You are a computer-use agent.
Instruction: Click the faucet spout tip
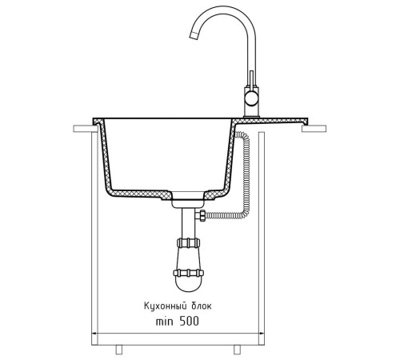point(194,35)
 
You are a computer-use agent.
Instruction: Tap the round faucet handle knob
point(251,99)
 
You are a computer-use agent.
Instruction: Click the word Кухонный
point(166,306)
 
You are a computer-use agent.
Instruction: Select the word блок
point(202,306)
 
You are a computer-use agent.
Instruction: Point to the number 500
point(189,322)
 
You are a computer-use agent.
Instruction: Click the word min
point(164,322)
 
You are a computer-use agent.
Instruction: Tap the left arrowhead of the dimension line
point(94,334)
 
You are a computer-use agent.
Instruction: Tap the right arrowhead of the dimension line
point(262,334)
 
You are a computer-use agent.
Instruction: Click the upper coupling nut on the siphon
point(188,242)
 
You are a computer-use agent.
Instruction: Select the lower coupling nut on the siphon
point(189,273)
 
